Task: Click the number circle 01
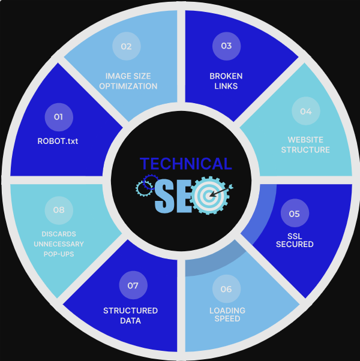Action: [x=59, y=117]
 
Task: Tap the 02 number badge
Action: [x=126, y=46]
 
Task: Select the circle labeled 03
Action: [x=226, y=46]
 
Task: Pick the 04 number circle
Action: [x=306, y=111]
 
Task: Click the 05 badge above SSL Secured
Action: [x=295, y=213]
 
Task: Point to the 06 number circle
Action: [x=226, y=288]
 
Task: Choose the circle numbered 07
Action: [x=133, y=285]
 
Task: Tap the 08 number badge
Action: [x=59, y=210]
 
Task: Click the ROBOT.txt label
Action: [x=58, y=141]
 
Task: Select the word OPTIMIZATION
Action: [x=128, y=86]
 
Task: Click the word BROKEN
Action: [x=226, y=76]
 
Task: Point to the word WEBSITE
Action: [x=305, y=140]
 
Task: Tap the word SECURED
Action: [x=295, y=244]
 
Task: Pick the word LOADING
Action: [x=227, y=311]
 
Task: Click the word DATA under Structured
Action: [x=130, y=321]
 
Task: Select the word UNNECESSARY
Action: [x=59, y=244]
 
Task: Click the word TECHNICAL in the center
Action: [x=185, y=164]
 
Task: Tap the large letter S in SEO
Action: [x=164, y=196]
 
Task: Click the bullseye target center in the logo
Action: [x=209, y=196]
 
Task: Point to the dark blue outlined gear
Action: [x=151, y=182]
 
